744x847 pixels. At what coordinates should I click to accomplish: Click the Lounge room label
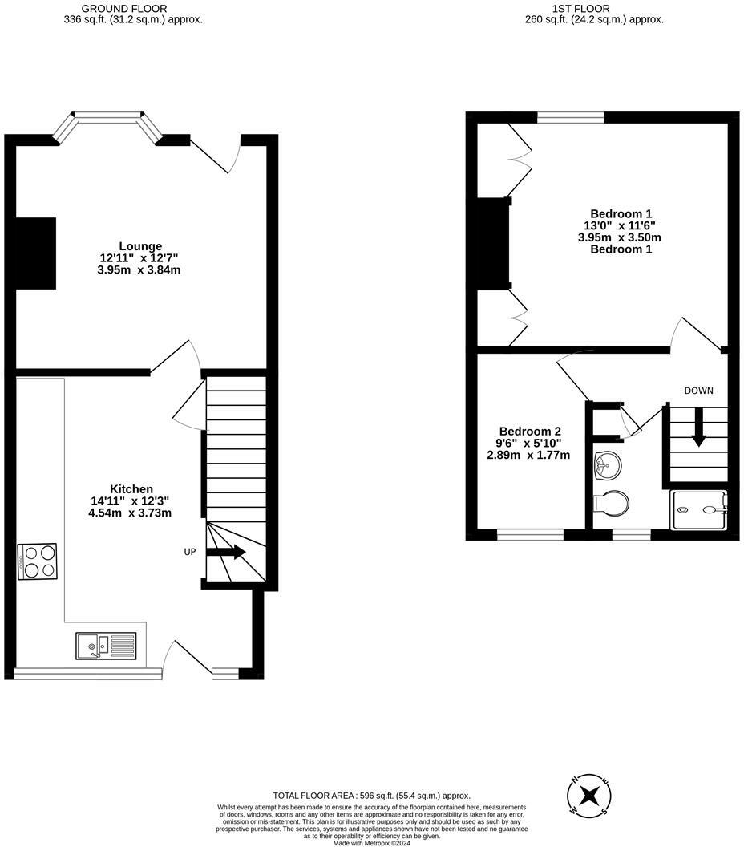[140, 246]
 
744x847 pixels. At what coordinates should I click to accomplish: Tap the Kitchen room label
[131, 489]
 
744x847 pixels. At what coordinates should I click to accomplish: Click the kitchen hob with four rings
[38, 561]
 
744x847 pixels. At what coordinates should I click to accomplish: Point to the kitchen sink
[106, 646]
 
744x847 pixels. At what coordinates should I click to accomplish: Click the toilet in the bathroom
[612, 504]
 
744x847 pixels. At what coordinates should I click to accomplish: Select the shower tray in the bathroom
[699, 509]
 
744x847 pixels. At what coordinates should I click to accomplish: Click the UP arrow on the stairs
[226, 552]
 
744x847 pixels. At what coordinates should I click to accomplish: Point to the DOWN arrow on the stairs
[698, 428]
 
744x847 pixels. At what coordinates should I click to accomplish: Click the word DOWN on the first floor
[698, 391]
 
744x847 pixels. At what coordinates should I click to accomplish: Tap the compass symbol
[589, 796]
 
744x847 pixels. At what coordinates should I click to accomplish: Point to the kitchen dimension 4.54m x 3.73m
[131, 513]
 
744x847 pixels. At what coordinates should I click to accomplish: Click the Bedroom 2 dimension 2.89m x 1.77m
[528, 455]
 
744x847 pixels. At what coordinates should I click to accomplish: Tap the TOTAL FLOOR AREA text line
[371, 795]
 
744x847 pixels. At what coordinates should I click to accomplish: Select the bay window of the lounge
[108, 123]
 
